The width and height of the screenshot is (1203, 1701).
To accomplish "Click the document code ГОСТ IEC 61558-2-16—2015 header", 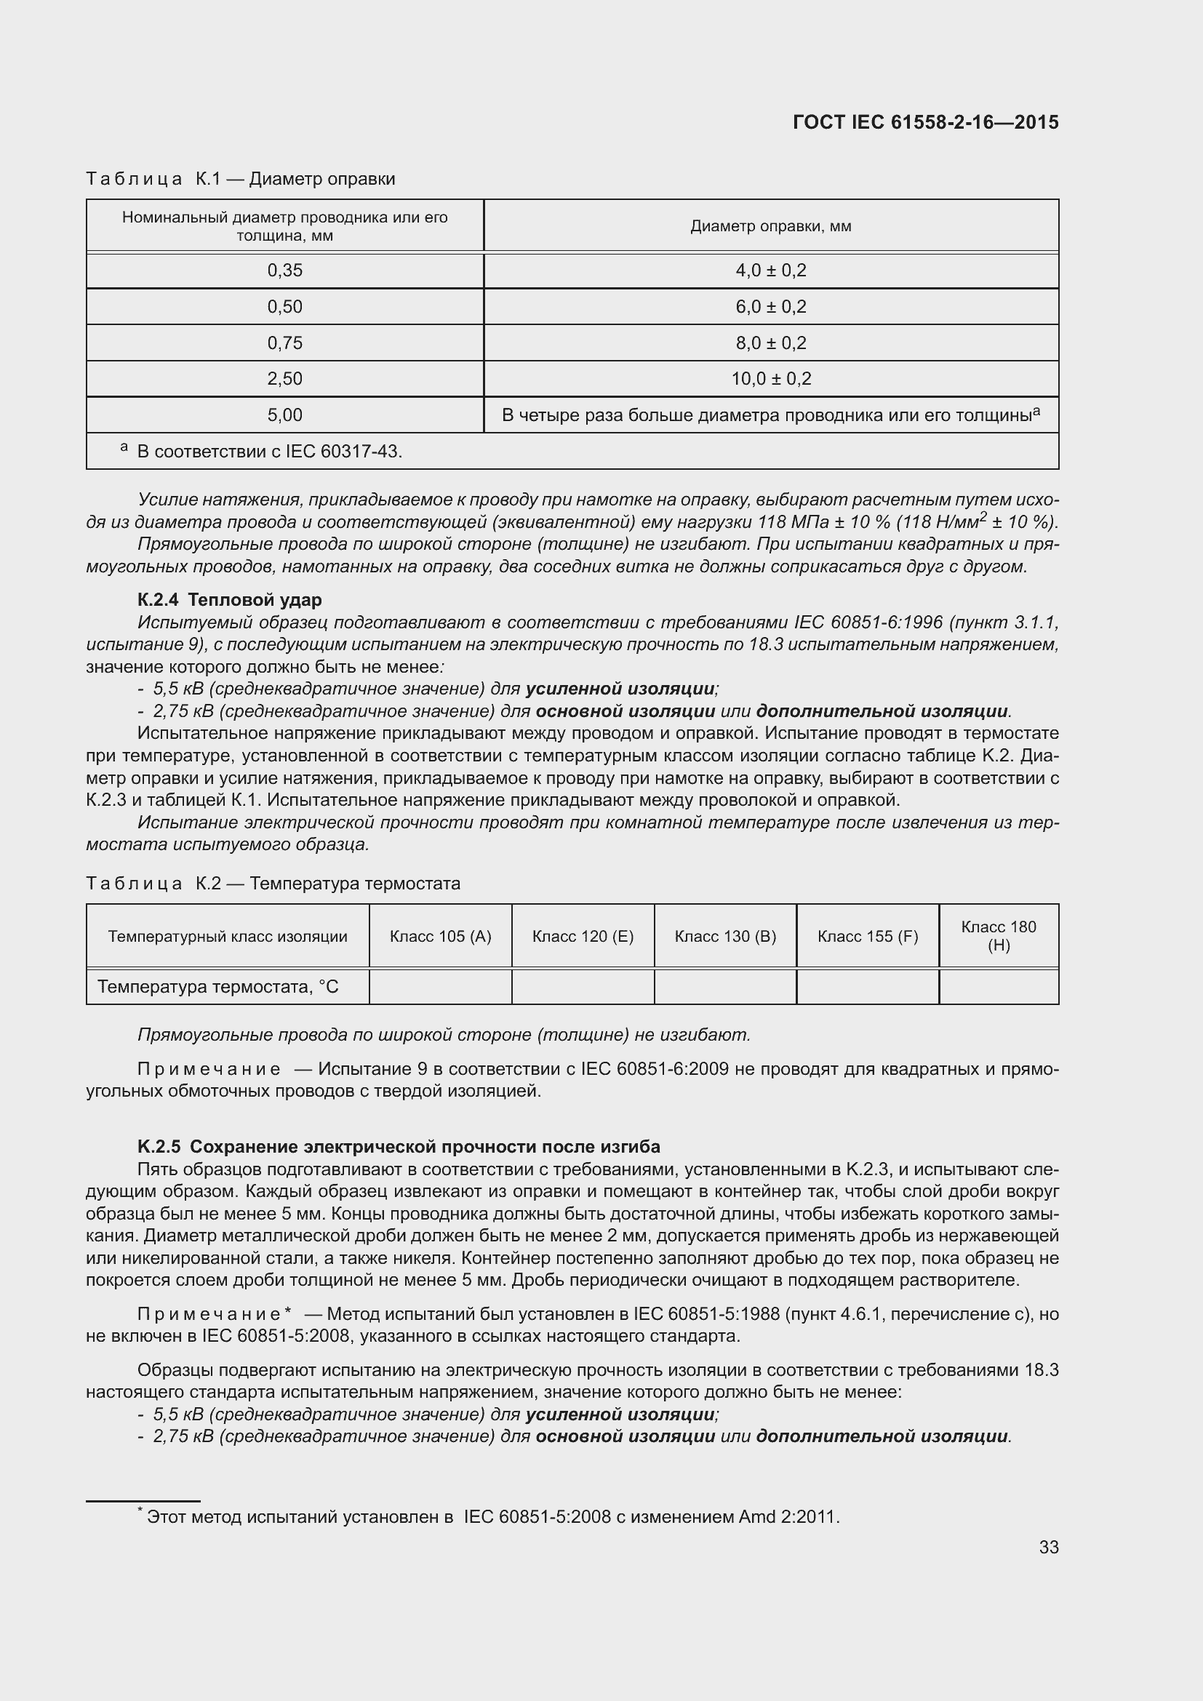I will point(925,122).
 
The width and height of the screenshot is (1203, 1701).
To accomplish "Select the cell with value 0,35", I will point(284,271).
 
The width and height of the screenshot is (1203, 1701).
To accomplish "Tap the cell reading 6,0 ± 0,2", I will point(770,307).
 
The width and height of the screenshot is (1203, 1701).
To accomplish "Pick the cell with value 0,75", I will point(284,343).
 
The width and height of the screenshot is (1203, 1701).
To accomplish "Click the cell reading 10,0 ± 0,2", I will point(770,379).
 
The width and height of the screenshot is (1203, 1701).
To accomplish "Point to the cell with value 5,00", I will point(284,415).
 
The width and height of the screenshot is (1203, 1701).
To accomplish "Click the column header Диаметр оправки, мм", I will point(770,226).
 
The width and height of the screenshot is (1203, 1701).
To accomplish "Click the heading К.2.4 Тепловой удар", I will point(230,599).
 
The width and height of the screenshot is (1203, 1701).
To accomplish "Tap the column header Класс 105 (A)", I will point(440,937).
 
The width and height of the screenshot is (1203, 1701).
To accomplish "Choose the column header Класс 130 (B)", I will point(725,937).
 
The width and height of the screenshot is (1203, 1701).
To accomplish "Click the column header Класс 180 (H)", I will point(999,936).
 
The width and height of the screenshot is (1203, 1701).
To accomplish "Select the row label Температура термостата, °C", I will point(217,987).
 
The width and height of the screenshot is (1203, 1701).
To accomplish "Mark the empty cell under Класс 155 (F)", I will point(868,987).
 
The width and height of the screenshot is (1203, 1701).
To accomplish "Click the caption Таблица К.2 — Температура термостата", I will point(273,883).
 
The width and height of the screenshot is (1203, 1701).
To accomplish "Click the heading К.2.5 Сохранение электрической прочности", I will point(399,1147).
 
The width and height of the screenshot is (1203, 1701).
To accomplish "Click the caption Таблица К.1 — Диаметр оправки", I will point(240,179).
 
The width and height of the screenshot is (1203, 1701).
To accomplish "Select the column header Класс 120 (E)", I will point(583,937).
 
